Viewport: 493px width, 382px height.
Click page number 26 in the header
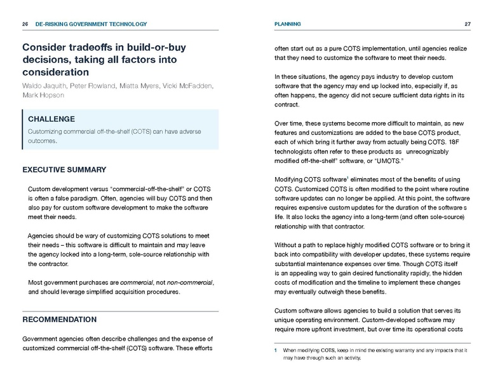(25, 24)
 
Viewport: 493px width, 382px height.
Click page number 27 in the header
(467, 24)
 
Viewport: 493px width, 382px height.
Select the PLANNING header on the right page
(287, 24)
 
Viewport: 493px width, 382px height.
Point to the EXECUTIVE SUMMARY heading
(64, 170)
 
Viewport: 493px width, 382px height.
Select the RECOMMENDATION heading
(60, 319)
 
